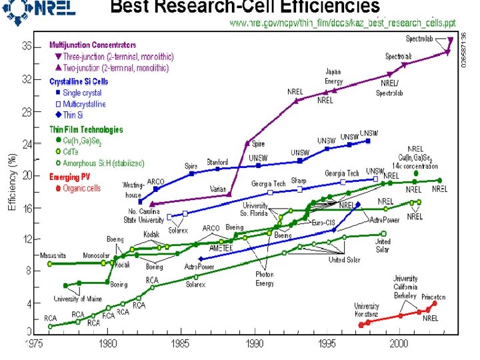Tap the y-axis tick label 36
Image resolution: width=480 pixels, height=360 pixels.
pyautogui.click(x=27, y=46)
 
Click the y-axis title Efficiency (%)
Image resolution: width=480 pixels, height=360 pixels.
pyautogui.click(x=11, y=183)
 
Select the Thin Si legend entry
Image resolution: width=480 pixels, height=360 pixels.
pyautogui.click(x=74, y=115)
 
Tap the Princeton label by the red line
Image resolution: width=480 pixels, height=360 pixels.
pyautogui.click(x=433, y=297)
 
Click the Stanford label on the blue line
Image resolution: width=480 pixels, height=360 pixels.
pyautogui.click(x=217, y=161)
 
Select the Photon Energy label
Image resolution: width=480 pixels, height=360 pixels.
pyautogui.click(x=265, y=279)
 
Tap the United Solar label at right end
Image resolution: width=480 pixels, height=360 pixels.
pyautogui.click(x=383, y=246)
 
